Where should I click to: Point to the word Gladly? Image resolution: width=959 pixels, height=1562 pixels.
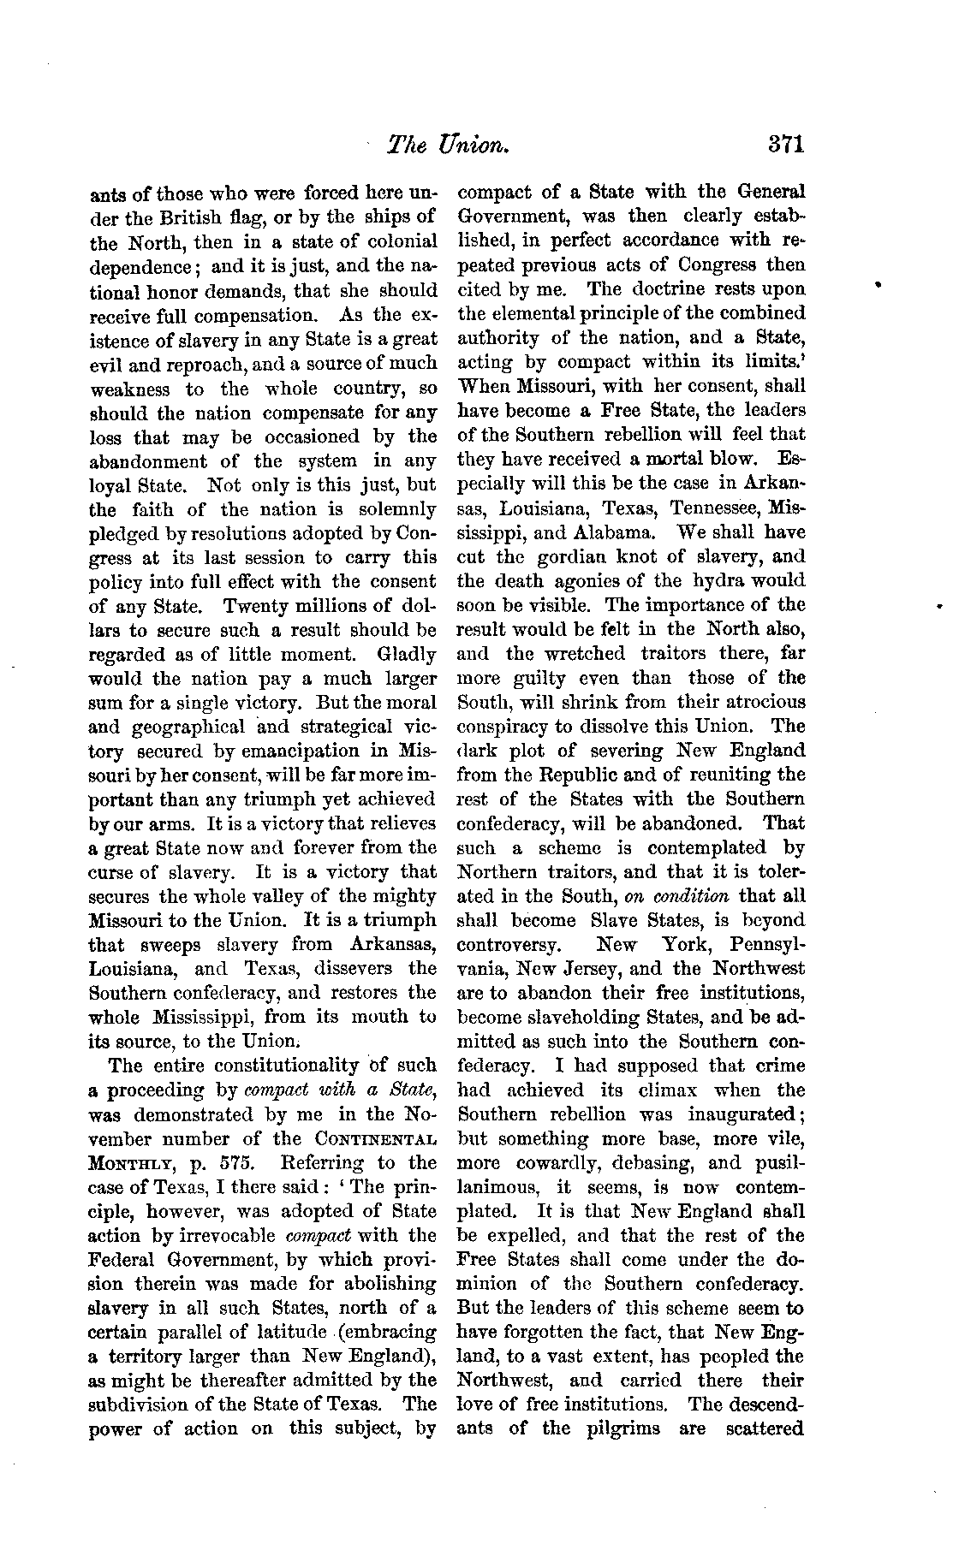point(406,656)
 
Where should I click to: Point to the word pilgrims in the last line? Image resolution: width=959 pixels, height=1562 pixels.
point(618,1428)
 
